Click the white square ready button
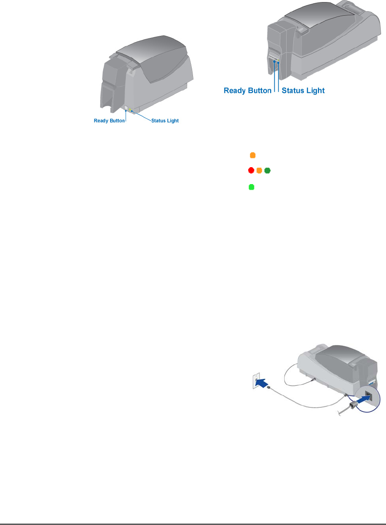126,108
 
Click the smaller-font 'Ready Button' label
109,121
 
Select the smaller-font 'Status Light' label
165,121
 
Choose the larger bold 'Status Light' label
303,90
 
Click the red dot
251,170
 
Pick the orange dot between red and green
259,170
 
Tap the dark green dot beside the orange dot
267,170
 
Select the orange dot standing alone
253,155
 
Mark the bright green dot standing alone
252,187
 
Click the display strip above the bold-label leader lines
273,56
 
